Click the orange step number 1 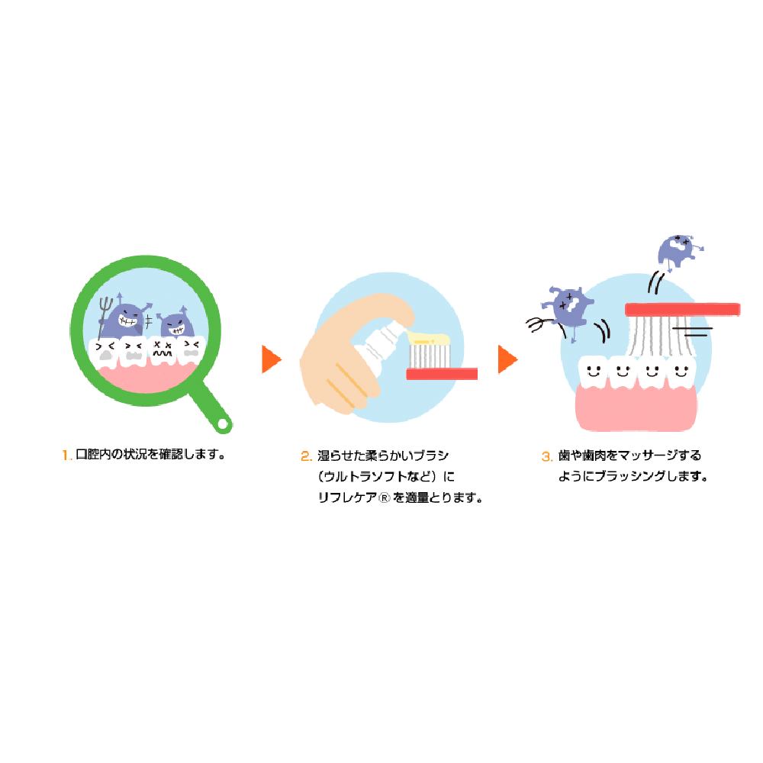point(66,456)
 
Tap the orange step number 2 point(306,456)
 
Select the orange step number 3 point(546,456)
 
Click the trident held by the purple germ point(108,313)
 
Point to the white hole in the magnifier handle point(222,422)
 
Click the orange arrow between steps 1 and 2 point(270,359)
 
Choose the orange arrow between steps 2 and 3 point(507,359)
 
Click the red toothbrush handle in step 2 point(442,374)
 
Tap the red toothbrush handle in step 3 point(682,309)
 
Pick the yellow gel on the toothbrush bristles point(430,338)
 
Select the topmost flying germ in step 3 point(677,250)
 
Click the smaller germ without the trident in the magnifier point(176,323)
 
